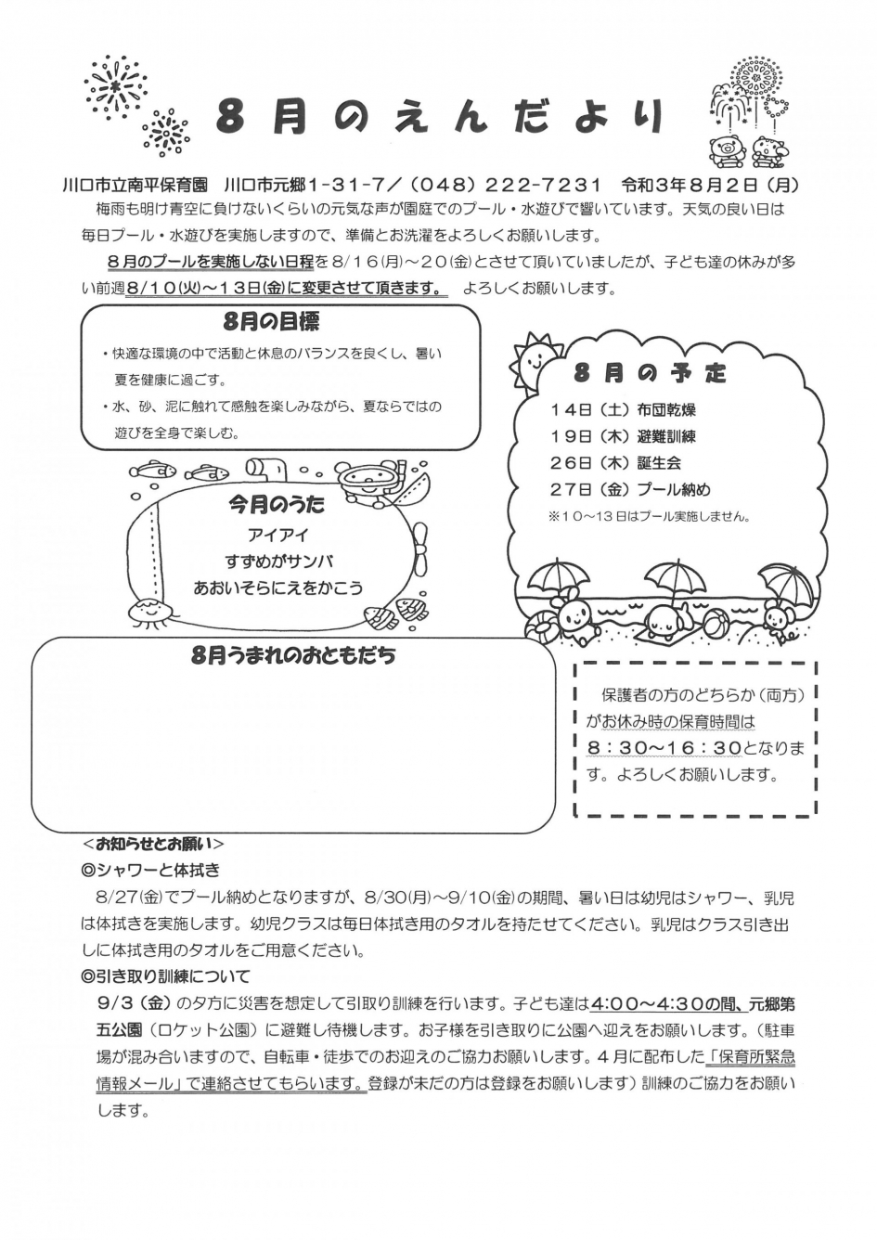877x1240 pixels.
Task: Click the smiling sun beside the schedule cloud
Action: [535, 362]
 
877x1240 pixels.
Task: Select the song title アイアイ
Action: [277, 536]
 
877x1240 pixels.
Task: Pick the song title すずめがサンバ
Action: [278, 562]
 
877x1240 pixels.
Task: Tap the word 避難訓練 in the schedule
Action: [666, 436]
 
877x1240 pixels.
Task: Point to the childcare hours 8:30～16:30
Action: [664, 747]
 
